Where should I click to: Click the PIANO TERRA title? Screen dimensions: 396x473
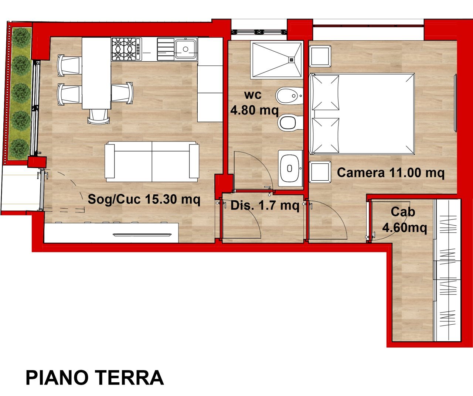click(95, 378)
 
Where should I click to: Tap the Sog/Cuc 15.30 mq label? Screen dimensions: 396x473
click(144, 199)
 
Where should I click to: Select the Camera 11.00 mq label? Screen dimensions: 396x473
click(391, 173)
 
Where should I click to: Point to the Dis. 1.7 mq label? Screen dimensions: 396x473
click(265, 205)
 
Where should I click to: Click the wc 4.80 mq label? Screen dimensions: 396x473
click(254, 103)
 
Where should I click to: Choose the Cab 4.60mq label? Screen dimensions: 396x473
click(404, 220)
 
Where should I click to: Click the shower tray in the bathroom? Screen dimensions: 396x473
click(276, 60)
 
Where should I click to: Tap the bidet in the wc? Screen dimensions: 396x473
click(289, 96)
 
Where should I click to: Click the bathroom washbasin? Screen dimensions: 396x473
click(290, 168)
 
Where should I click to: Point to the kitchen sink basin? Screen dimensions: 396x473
click(186, 49)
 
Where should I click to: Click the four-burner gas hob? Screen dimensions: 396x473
click(126, 49)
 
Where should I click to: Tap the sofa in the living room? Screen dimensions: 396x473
click(152, 161)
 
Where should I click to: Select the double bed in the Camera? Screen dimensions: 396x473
click(362, 113)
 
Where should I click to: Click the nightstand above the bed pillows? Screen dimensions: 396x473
click(320, 56)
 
